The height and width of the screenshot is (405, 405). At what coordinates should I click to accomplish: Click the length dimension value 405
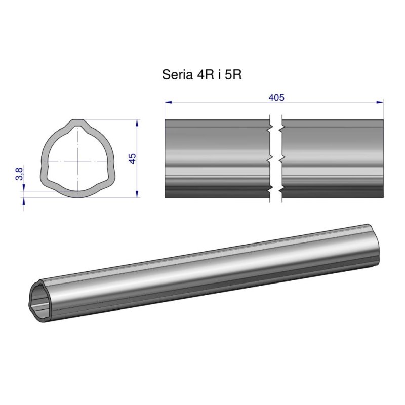(x=276, y=98)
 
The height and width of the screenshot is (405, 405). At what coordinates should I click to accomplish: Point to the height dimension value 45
(x=133, y=158)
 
